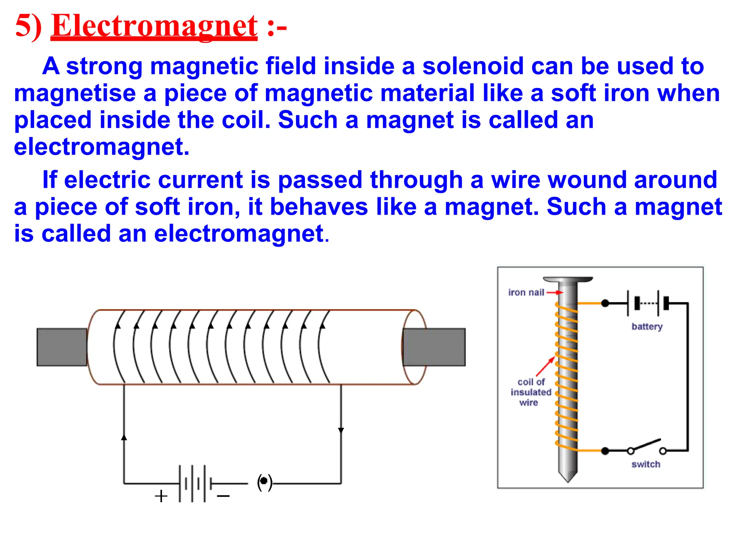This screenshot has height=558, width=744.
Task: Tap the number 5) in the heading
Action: pos(28,26)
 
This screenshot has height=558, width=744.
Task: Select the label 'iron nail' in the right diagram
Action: pos(526,292)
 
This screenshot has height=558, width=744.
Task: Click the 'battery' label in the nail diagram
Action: pos(647,327)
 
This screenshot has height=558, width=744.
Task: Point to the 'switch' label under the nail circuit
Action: pos(646,464)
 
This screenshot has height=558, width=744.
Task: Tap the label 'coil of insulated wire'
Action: pos(531,392)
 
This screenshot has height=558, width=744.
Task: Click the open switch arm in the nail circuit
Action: pos(646,445)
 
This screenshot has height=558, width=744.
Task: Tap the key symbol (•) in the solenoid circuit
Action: pos(264,482)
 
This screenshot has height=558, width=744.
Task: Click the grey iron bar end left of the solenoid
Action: pos(62,347)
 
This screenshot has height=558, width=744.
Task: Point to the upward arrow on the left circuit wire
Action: pos(124,437)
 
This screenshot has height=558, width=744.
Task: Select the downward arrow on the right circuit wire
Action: pos(341,430)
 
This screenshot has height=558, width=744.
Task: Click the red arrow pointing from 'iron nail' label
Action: pos(555,292)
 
